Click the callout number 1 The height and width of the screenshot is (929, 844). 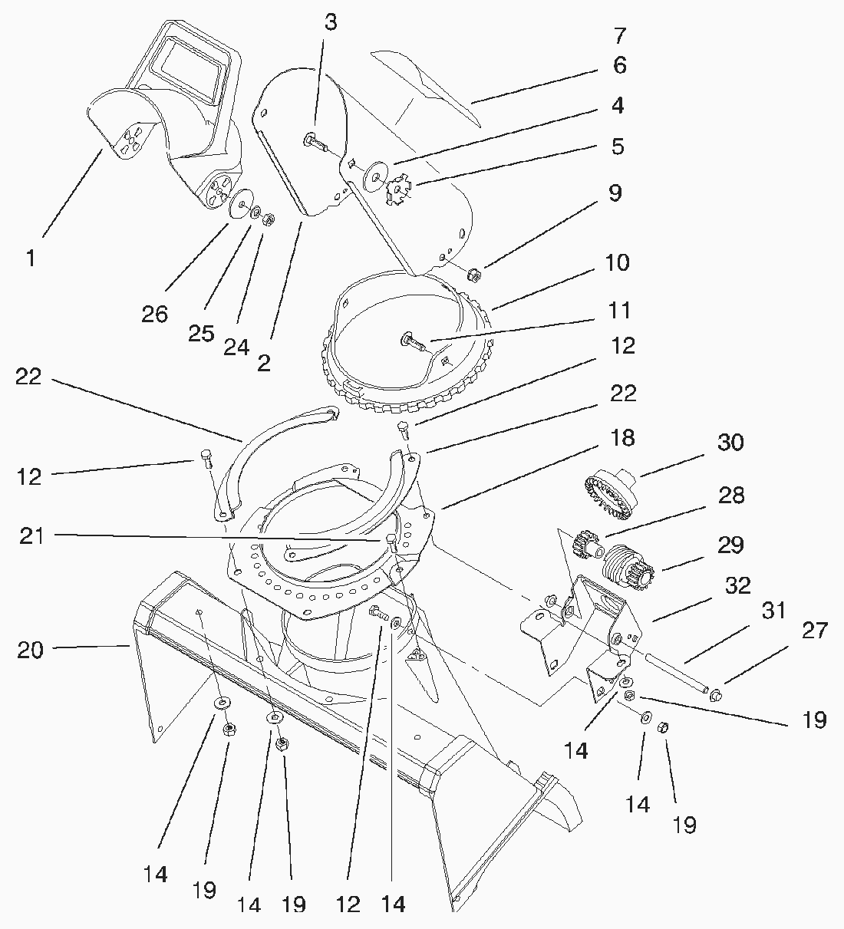tap(30, 258)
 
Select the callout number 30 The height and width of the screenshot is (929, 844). tap(730, 443)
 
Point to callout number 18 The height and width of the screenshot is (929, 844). tap(622, 438)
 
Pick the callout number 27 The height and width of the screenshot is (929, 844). tap(814, 631)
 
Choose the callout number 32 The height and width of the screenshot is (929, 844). tap(737, 586)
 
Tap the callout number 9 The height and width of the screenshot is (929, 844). tap(615, 193)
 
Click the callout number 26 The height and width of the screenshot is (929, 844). tap(154, 315)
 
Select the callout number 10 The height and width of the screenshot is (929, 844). tap(617, 262)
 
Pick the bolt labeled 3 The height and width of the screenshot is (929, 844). tap(315, 141)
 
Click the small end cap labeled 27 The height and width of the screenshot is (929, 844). tap(717, 695)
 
